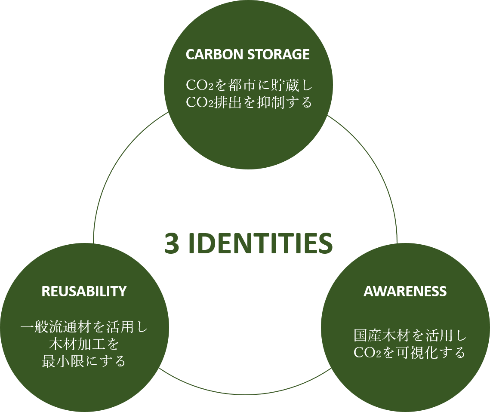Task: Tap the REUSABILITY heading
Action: click(84, 291)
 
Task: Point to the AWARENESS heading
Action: click(405, 291)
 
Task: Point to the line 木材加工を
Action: click(84, 344)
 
